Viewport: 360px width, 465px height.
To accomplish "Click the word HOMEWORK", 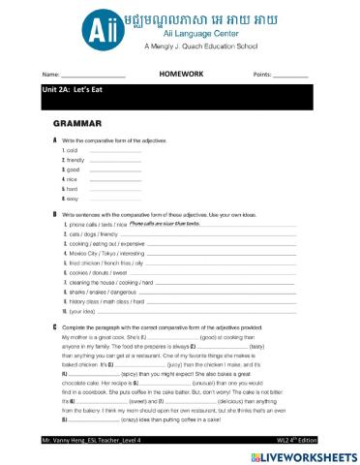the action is (179, 73).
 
